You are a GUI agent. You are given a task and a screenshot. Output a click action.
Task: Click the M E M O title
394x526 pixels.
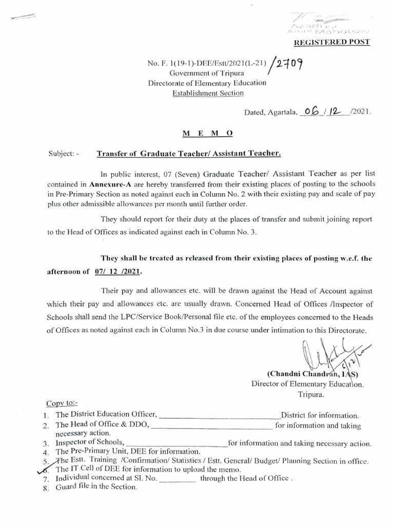(x=208, y=133)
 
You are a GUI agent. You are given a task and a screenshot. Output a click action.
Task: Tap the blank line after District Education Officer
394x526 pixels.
(x=221, y=415)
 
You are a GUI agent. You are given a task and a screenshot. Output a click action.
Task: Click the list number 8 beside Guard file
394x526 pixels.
(x=46, y=489)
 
